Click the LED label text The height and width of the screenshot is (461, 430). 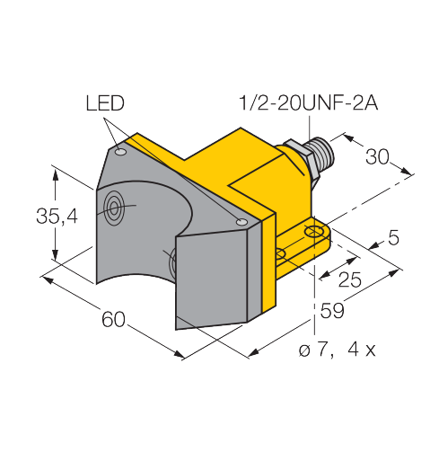point(105,103)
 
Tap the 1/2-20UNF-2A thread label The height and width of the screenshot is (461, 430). point(308,103)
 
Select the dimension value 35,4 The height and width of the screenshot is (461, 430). point(57,216)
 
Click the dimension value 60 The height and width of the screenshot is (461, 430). point(113,319)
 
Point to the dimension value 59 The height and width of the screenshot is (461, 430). point(332,311)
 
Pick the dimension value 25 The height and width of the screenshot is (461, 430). point(350,279)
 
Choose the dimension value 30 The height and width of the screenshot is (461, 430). point(377,156)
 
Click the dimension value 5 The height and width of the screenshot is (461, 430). point(393,237)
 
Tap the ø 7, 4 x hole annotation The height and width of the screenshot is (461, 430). point(337,350)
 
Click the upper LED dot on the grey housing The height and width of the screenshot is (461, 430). point(121,152)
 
